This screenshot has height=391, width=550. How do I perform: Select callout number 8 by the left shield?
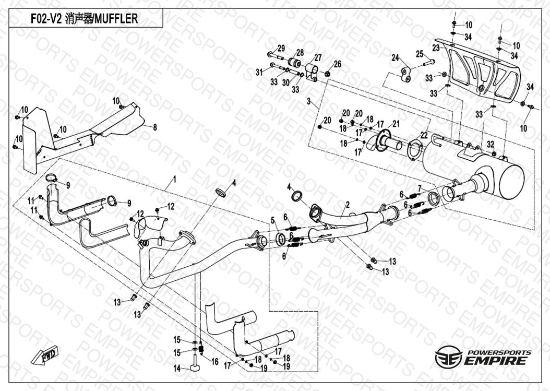pos(154,126)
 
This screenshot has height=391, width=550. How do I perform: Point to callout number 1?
pos(175,179)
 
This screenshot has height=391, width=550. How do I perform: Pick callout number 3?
pos(309,101)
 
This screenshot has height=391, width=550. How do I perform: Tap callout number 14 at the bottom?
pos(177,369)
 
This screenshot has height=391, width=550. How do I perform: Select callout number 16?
pos(214,361)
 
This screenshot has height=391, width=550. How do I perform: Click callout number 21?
pos(396,124)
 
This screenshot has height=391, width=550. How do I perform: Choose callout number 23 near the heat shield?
pos(435,47)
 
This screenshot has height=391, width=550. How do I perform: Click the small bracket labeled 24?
pos(406,73)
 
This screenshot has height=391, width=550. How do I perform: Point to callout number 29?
pos(281,48)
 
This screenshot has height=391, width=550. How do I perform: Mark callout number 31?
pos(259,72)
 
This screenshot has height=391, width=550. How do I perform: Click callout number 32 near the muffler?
pos(490,144)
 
